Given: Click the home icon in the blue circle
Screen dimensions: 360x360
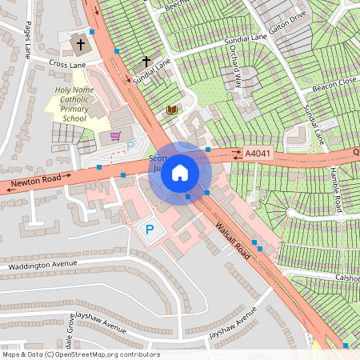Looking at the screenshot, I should click(x=180, y=172).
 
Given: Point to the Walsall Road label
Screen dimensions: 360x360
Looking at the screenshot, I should click(x=233, y=239).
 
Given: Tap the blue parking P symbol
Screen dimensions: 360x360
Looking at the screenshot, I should click(x=149, y=230).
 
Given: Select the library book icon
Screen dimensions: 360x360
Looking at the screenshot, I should click(x=171, y=110).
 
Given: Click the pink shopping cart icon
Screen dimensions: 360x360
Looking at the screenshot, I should click(x=116, y=135).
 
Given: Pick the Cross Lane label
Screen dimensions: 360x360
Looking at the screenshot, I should click(x=66, y=62).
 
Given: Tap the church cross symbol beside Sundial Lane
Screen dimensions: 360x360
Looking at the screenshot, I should click(x=146, y=61).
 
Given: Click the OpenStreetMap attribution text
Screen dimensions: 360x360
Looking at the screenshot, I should click(x=80, y=354).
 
